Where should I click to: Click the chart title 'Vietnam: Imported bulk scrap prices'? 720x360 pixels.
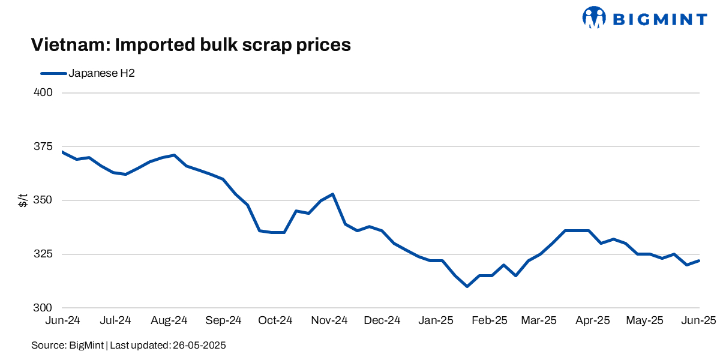[x=190, y=45]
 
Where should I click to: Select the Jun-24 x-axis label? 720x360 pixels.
[x=62, y=321]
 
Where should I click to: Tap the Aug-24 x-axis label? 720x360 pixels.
[x=169, y=321]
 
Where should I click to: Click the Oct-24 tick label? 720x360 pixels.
[x=275, y=321]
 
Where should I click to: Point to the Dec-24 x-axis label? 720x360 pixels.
[x=382, y=321]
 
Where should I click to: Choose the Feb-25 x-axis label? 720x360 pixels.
[x=489, y=321]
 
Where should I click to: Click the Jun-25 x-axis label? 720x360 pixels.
[x=698, y=321]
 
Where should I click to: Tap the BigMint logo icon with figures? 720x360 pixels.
[x=595, y=18]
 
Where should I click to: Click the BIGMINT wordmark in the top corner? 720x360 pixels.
[x=659, y=19]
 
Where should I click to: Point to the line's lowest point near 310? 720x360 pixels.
[x=467, y=287]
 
